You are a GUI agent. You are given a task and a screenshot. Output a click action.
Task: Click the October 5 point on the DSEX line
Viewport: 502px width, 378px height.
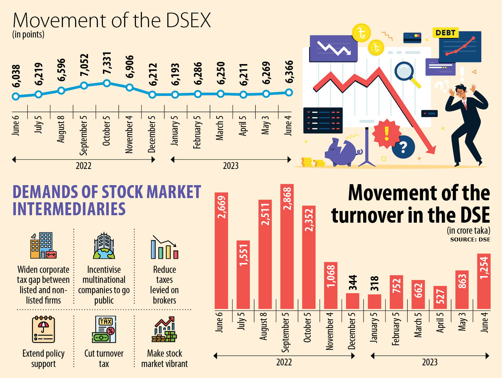106,83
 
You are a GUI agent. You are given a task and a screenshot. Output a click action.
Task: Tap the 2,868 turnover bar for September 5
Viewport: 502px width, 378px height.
287,246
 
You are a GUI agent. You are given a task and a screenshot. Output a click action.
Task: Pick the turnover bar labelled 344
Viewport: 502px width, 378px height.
352,301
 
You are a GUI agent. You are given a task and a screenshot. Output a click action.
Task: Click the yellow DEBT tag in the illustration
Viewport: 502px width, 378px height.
445,33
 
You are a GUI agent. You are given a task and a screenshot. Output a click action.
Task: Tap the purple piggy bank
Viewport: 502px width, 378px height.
342,152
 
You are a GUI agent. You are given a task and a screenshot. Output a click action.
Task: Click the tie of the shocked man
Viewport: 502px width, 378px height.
465,106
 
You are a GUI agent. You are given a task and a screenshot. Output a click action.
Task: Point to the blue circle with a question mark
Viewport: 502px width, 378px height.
403,147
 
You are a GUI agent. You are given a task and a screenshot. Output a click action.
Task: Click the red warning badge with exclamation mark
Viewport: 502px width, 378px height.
386,133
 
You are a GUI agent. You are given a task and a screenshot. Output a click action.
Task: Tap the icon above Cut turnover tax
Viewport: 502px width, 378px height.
104,329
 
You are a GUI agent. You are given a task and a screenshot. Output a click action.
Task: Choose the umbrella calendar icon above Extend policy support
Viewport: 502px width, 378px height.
43,329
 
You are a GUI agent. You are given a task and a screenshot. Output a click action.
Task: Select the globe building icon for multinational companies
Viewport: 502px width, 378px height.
104,246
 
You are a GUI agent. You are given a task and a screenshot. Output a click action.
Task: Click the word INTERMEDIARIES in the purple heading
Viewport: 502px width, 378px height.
69,209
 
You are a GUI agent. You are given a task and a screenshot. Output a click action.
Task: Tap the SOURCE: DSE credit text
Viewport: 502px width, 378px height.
470,239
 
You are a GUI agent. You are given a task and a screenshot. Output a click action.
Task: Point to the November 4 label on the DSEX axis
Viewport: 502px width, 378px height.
129,134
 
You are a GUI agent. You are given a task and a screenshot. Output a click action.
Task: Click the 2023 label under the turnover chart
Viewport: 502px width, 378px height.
429,362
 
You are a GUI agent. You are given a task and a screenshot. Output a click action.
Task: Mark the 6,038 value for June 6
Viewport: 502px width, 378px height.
16,76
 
